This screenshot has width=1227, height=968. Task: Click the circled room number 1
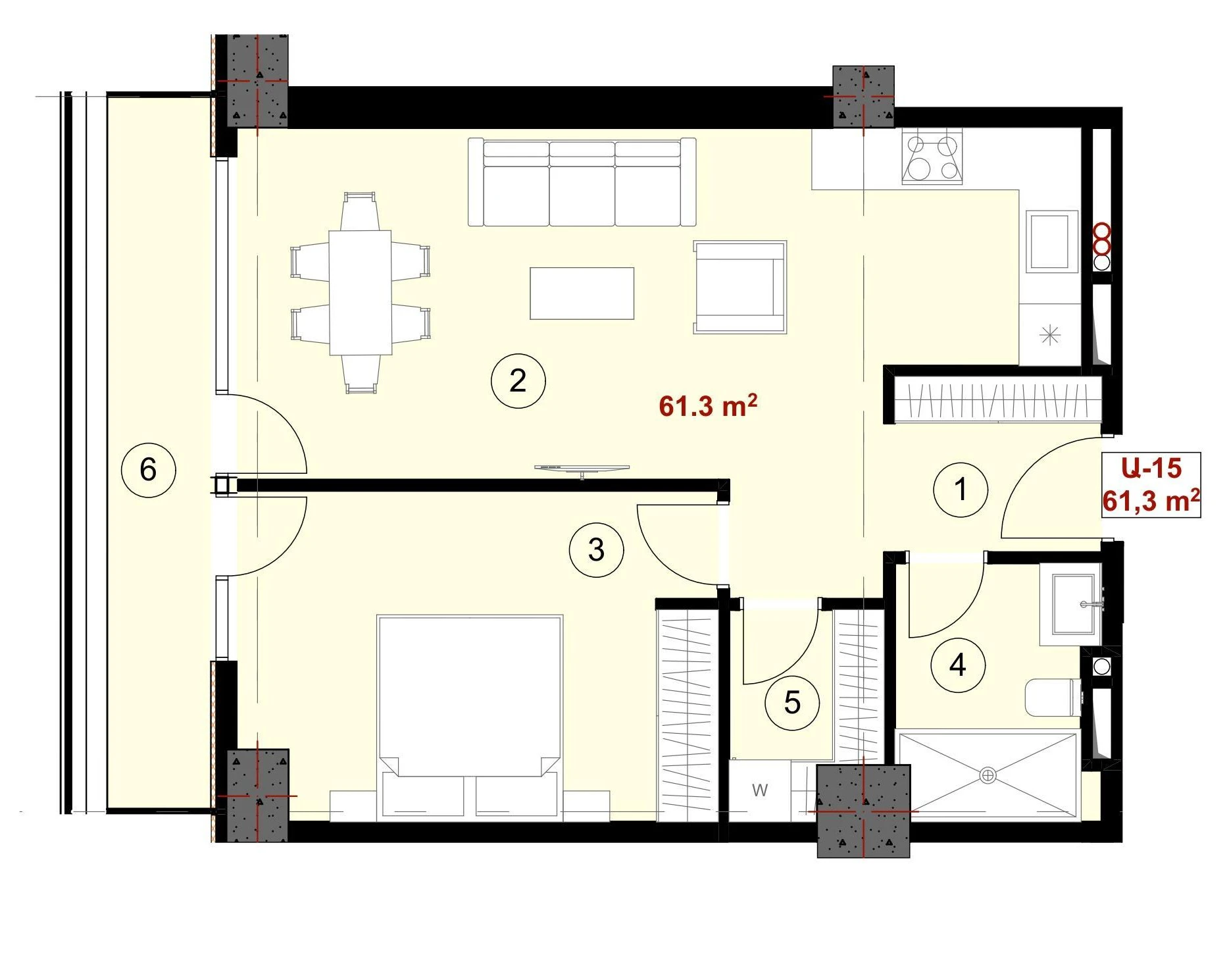click(x=961, y=490)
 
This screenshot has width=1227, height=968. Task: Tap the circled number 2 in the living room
click(x=518, y=381)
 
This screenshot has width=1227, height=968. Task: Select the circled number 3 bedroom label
click(x=596, y=550)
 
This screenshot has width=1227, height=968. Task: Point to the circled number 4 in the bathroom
click(x=958, y=665)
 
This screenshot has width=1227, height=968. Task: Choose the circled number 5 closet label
click(x=792, y=703)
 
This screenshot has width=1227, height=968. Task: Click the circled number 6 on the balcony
click(x=149, y=470)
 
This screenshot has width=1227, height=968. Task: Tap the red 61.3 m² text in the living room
click(x=708, y=405)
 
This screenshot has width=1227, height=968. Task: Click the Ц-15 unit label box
click(x=1151, y=485)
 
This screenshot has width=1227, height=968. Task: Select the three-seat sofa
click(x=582, y=182)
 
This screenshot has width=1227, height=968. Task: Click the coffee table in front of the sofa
click(x=582, y=293)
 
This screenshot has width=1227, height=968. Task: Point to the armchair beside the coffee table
click(x=740, y=287)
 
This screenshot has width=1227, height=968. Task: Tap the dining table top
click(x=361, y=292)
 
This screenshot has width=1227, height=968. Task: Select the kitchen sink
click(x=1052, y=241)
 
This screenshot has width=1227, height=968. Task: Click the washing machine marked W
click(x=760, y=790)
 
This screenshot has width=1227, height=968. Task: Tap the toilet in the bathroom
click(x=1053, y=698)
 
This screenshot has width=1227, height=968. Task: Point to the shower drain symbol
click(x=988, y=775)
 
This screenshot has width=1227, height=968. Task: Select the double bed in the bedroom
click(x=470, y=718)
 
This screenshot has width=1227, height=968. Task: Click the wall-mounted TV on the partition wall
click(x=582, y=469)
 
